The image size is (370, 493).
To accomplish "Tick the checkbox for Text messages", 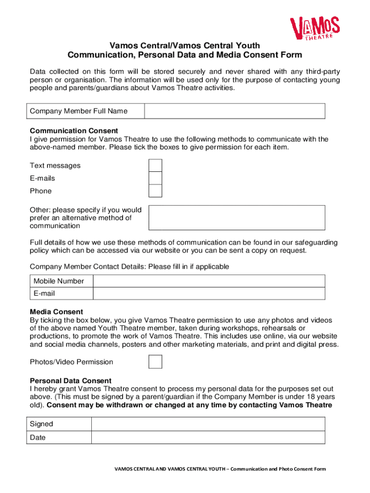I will [155, 166].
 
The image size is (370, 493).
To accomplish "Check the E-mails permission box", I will [155, 178].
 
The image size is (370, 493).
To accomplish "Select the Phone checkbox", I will [155, 191].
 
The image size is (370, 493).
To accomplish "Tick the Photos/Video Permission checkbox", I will [155, 362].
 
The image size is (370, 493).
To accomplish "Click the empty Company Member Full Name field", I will [234, 111].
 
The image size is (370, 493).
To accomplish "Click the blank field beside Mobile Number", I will [209, 281].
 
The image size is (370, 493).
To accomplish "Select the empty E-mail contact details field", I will [209, 294].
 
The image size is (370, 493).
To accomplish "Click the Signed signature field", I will [208, 424].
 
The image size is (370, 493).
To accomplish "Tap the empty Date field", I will [208, 438].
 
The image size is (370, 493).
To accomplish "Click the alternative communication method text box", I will [236, 218].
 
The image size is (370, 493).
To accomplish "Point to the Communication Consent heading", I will [74, 131].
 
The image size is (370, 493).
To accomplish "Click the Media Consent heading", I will [56, 312].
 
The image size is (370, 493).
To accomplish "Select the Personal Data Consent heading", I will [71, 381].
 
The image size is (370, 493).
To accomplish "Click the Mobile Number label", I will [59, 281].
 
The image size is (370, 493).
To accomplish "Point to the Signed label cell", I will [42, 424].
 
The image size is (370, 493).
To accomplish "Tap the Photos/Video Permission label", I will [72, 362].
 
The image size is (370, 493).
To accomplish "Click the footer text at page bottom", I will [220, 469].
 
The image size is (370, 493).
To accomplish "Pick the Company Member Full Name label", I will [79, 111].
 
